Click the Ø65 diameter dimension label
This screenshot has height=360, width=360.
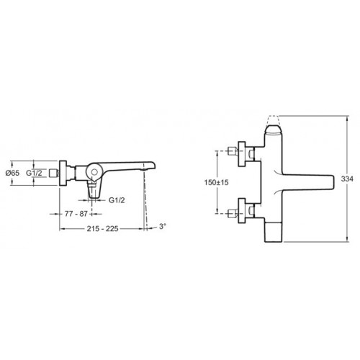pos(12,173)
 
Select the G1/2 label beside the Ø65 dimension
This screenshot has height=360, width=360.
pos(34,173)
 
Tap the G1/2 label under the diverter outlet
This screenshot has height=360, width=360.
pos(117,200)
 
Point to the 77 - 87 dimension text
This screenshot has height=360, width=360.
pos(76,214)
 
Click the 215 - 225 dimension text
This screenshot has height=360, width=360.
pos(102,228)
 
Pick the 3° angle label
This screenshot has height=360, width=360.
pos(163,226)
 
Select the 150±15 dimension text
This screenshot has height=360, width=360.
pos(216,182)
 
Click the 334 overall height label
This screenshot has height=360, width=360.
pos(347,179)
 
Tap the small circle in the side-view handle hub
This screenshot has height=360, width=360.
pos(94,172)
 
